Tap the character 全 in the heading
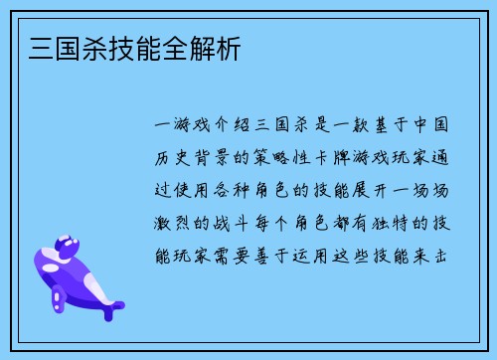point(171,47)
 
